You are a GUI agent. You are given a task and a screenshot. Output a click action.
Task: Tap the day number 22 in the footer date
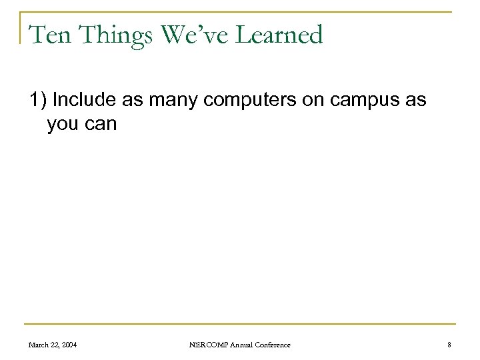coord(60,344)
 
